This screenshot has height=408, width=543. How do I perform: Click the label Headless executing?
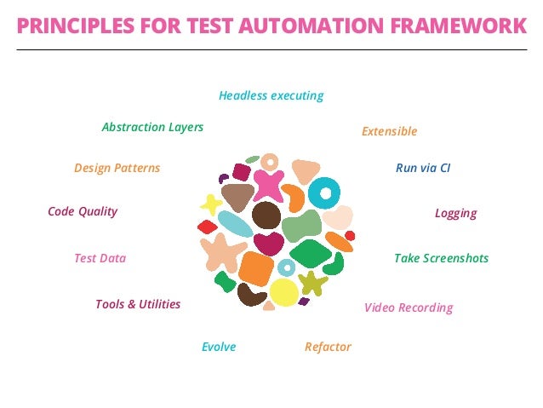click(271, 95)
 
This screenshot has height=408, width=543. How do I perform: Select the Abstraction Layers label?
click(152, 127)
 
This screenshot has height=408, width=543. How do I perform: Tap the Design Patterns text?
click(117, 168)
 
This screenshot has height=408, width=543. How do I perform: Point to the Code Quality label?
click(83, 211)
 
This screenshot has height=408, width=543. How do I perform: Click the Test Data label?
click(100, 258)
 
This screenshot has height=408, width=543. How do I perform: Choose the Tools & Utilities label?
click(138, 304)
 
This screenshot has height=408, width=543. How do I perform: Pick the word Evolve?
click(219, 347)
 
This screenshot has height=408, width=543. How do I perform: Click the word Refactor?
click(328, 347)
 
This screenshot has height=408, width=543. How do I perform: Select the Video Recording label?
click(409, 307)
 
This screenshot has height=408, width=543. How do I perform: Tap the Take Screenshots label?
click(441, 258)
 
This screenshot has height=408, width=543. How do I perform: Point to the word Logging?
click(455, 213)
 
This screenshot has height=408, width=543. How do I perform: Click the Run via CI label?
click(423, 168)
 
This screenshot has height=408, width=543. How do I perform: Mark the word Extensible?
click(389, 131)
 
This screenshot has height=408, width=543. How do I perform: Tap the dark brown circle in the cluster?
click(266, 215)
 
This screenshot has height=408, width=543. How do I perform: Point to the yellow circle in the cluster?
click(283, 292)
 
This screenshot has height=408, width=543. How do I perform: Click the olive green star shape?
click(312, 283)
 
